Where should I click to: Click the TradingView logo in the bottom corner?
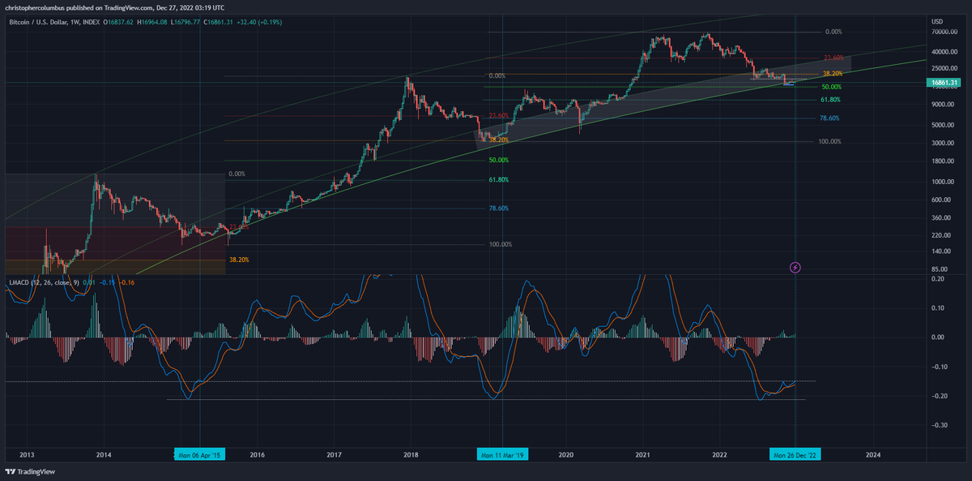[x=28, y=471]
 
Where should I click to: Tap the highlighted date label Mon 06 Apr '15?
[x=200, y=454]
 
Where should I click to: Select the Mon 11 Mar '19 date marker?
[x=502, y=454]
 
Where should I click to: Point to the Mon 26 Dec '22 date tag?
[x=795, y=454]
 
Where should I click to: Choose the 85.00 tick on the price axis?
[x=940, y=268]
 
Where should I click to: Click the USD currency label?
[x=937, y=20]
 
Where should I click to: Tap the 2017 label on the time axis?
[x=335, y=454]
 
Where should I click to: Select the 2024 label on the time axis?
[x=872, y=454]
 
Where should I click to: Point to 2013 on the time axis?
[x=27, y=454]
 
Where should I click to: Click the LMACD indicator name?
[x=19, y=282]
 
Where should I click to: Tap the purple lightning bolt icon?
[x=795, y=267]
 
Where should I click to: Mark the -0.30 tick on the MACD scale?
[x=940, y=424]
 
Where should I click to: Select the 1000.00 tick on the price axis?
[x=942, y=181]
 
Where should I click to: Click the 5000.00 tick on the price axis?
[x=942, y=124]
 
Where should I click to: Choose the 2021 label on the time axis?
[x=643, y=454]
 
